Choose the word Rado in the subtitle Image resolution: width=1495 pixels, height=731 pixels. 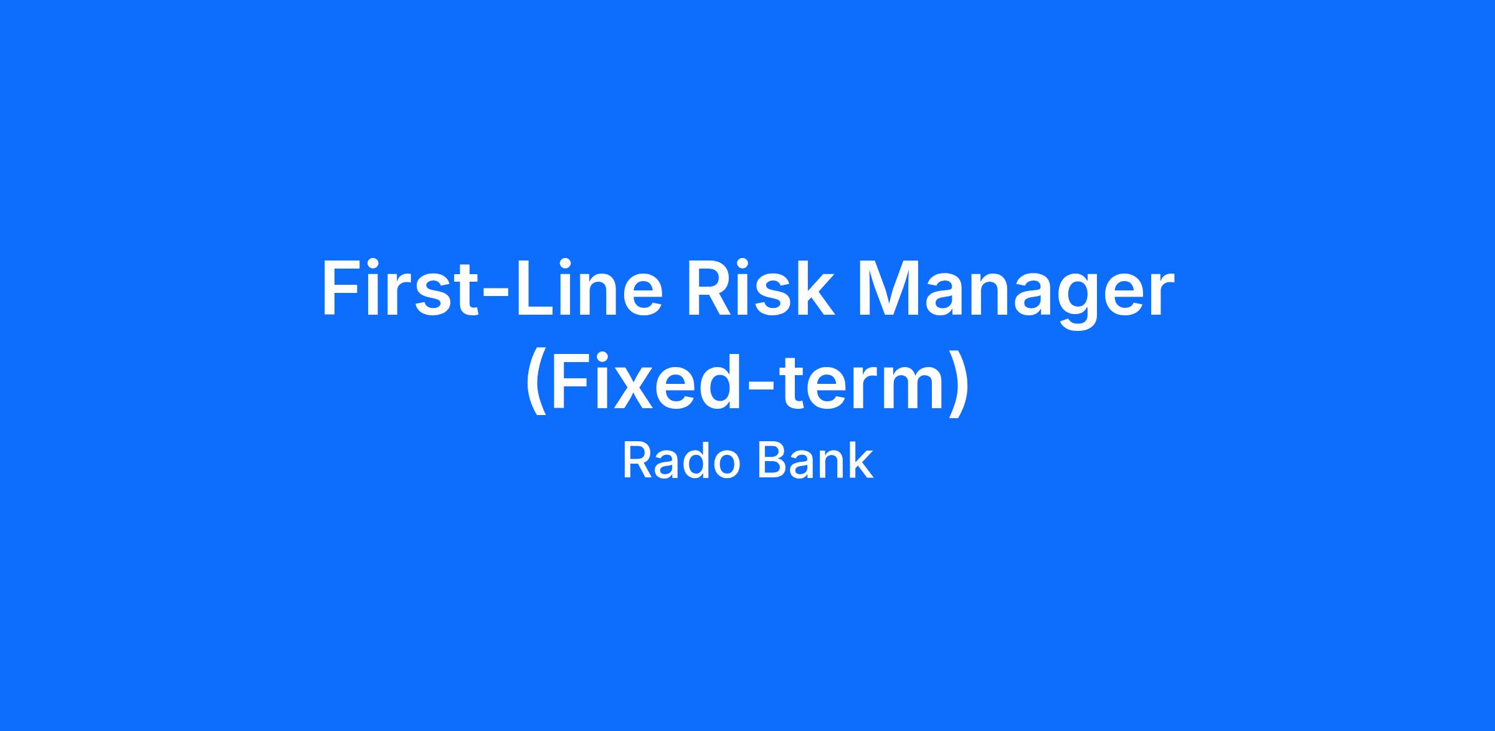point(681,462)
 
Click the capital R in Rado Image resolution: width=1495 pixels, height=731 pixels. point(638,462)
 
